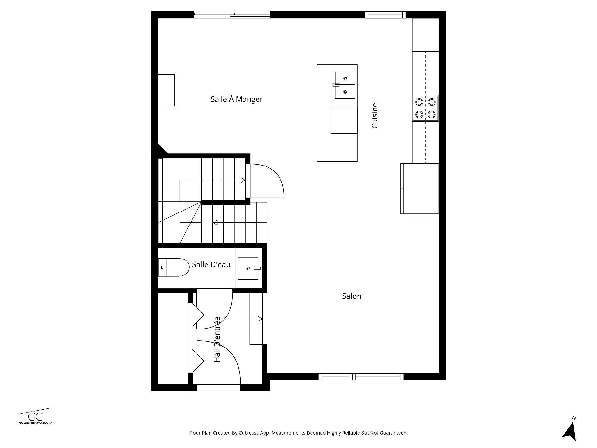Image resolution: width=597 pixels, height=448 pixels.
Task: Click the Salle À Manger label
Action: pyautogui.click(x=237, y=99)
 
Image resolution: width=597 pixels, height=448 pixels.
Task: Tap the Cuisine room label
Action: pyautogui.click(x=375, y=116)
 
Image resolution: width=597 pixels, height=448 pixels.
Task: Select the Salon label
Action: pyautogui.click(x=351, y=296)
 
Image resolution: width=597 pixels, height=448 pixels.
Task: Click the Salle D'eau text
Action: pyautogui.click(x=211, y=265)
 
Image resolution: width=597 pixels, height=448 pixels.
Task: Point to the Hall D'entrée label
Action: pyautogui.click(x=217, y=339)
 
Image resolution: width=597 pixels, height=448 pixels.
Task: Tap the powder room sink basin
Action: pyautogui.click(x=248, y=268)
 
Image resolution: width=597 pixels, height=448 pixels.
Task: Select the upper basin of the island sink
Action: pyautogui.click(x=345, y=78)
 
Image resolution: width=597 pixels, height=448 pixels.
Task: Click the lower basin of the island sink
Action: pyautogui.click(x=345, y=92)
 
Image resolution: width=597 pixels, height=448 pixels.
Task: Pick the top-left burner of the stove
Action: pyautogui.click(x=419, y=102)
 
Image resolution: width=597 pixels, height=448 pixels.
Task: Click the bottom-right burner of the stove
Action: pyautogui.click(x=431, y=114)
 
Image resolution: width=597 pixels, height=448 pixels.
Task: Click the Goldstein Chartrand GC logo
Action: pyautogui.click(x=35, y=416)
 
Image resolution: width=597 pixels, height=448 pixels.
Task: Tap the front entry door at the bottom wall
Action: pyautogui.click(x=219, y=387)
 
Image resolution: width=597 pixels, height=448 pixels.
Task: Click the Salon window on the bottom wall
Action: pyautogui.click(x=361, y=377)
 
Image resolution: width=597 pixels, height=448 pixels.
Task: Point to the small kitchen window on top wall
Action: pyautogui.click(x=385, y=15)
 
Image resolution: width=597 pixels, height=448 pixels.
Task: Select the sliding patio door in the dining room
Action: pyautogui.click(x=232, y=15)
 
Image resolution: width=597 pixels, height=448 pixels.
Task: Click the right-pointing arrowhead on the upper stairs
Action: pyautogui.click(x=243, y=180)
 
